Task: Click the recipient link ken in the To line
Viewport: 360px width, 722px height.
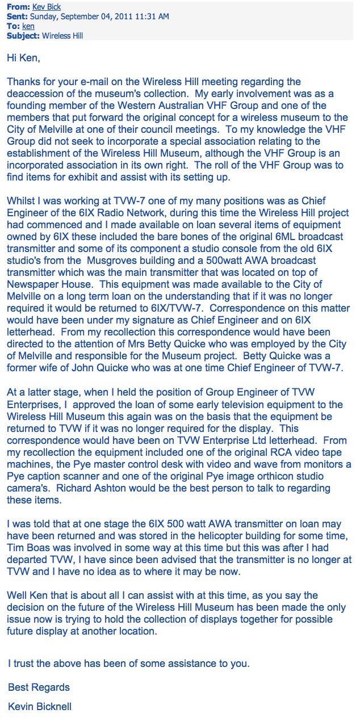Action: coord(28,26)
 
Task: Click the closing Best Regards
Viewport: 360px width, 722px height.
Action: coord(39,687)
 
